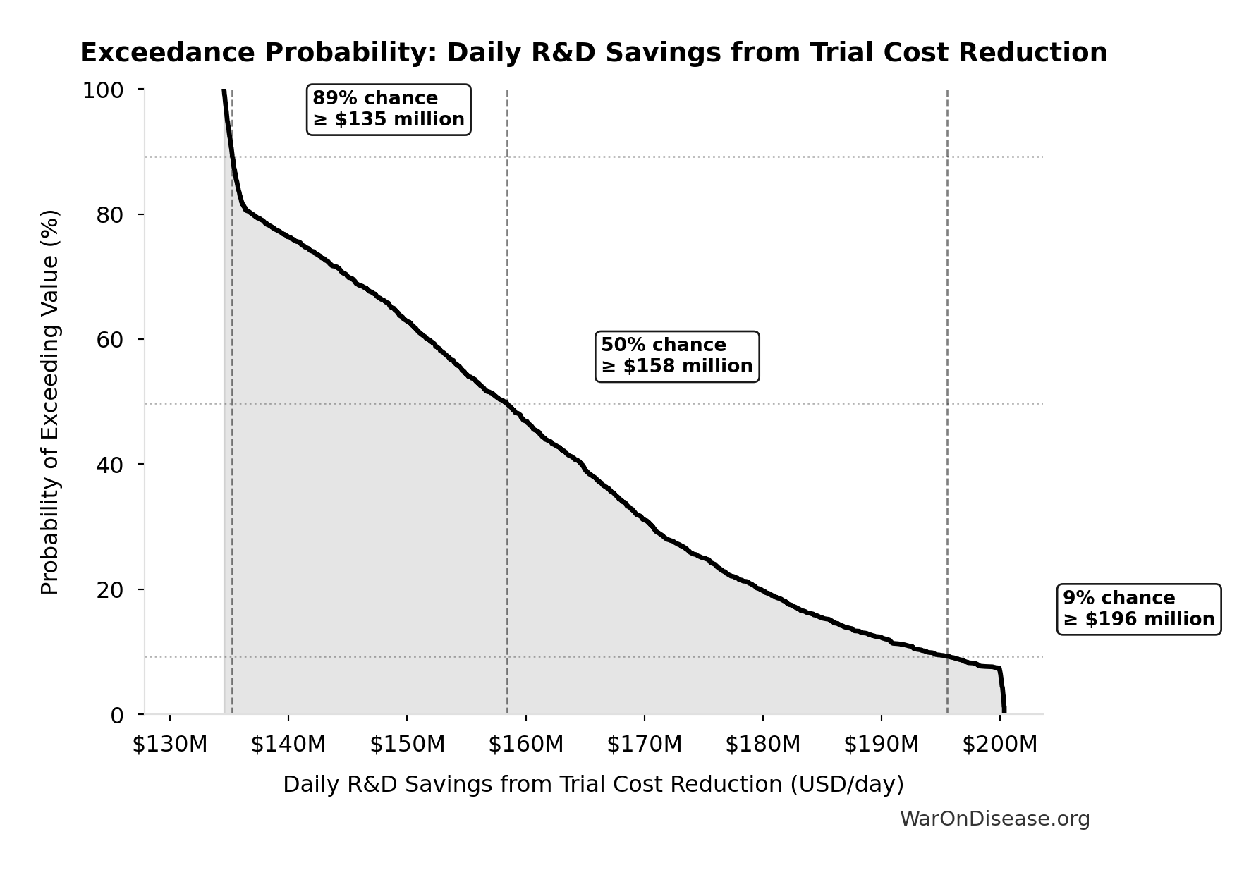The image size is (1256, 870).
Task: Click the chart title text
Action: pos(593,53)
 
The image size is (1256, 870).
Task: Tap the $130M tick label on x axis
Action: pos(170,745)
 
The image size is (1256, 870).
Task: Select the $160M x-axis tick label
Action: pos(526,745)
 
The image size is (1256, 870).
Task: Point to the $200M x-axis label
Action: pos(1000,745)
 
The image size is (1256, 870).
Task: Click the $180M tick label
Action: pos(763,745)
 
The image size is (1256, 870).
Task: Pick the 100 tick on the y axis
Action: pos(103,90)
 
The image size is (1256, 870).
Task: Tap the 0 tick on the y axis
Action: pos(116,715)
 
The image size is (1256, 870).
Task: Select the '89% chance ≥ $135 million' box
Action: pos(389,109)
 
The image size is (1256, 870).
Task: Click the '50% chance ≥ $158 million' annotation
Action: pos(677,356)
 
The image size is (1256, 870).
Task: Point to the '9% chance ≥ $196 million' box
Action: pos(1139,609)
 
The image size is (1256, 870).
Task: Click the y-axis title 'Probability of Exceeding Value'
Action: pos(50,402)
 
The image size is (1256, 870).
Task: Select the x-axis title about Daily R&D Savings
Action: pos(593,785)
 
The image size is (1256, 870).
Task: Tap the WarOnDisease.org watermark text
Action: pos(994,819)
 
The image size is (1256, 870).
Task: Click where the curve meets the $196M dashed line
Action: pos(947,656)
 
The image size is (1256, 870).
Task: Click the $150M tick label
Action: pos(408,745)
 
